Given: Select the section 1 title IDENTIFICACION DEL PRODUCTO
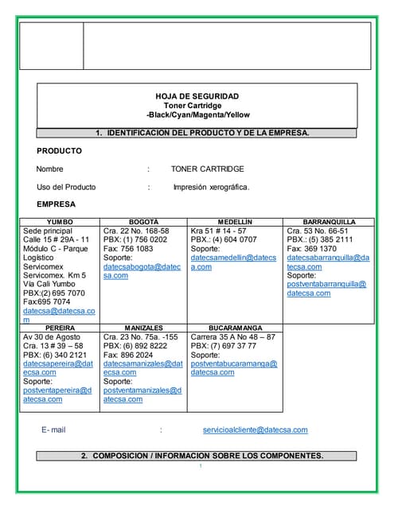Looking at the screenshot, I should [x=202, y=133].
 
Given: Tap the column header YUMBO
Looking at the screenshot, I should [x=60, y=222].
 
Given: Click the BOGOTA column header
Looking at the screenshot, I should [x=143, y=222].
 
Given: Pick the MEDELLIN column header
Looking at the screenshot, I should [x=235, y=222].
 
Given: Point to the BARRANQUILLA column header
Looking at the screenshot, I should [x=329, y=222].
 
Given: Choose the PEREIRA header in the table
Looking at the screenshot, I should [x=60, y=328].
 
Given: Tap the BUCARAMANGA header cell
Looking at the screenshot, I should [x=235, y=328].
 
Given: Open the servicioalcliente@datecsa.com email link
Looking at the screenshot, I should [x=255, y=430].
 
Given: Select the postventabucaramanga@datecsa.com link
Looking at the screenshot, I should [x=233, y=367].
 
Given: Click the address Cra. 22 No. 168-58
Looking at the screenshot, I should [x=136, y=231].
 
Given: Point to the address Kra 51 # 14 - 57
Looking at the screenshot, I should [x=218, y=231].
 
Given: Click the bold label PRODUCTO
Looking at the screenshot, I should [x=59, y=151].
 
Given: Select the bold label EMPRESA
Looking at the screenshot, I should [x=57, y=204].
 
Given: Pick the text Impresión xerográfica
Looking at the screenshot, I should [x=211, y=187].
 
